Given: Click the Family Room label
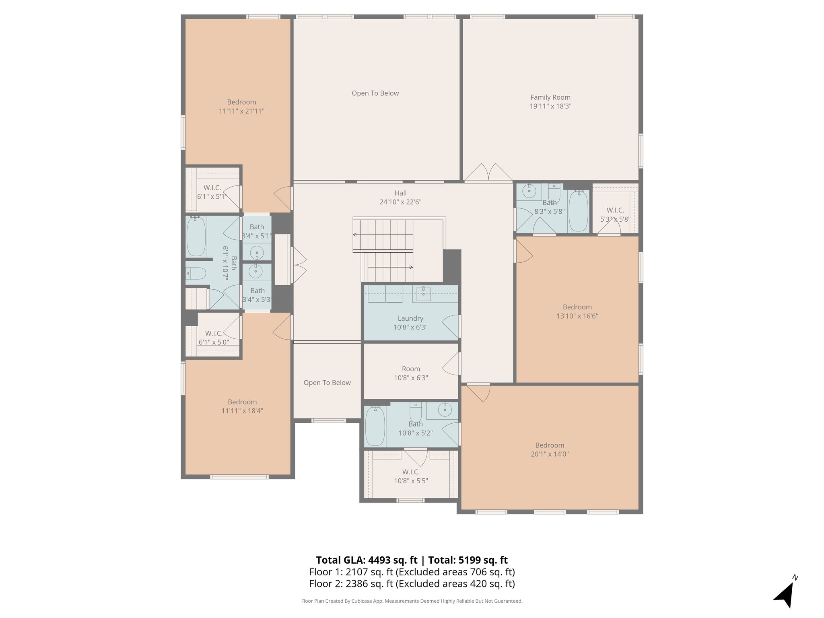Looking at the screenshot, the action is pyautogui.click(x=550, y=97).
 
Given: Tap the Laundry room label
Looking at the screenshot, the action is pyautogui.click(x=410, y=319).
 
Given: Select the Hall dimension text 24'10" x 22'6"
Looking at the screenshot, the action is pyautogui.click(x=400, y=202).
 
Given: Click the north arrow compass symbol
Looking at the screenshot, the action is pyautogui.click(x=785, y=593).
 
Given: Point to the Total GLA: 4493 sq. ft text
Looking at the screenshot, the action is pyautogui.click(x=367, y=560).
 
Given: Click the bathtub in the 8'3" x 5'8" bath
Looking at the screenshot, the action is pyautogui.click(x=579, y=211).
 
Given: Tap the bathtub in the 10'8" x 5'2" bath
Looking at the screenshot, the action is pyautogui.click(x=375, y=426).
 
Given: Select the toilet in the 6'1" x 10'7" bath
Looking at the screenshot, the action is pyautogui.click(x=196, y=274).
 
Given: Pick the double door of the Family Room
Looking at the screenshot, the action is pyautogui.click(x=488, y=172).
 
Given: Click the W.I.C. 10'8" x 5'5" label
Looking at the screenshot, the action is pyautogui.click(x=411, y=476).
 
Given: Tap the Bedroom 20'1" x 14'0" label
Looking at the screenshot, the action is pyautogui.click(x=550, y=450).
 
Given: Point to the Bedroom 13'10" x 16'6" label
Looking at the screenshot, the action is pyautogui.click(x=577, y=311).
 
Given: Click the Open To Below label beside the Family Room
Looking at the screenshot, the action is pyautogui.click(x=375, y=93).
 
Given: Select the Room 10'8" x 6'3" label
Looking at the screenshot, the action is pyautogui.click(x=411, y=373).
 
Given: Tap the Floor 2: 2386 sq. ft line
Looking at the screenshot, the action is pyautogui.click(x=412, y=584).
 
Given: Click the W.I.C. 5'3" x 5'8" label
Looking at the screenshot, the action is pyautogui.click(x=615, y=215).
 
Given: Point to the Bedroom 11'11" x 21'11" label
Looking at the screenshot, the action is pyautogui.click(x=241, y=107).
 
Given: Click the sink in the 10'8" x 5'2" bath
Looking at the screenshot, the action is pyautogui.click(x=445, y=410).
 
